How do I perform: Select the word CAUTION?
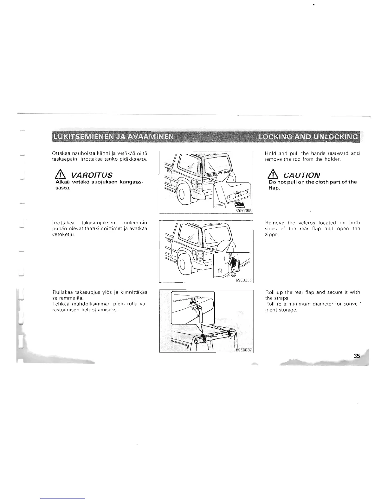302,175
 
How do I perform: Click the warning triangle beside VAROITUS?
57,175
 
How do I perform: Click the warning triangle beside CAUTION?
273,175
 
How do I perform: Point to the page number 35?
357,356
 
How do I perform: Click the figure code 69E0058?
243,211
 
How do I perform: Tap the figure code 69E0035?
243,280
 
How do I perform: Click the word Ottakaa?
60,153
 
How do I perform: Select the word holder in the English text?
331,159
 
